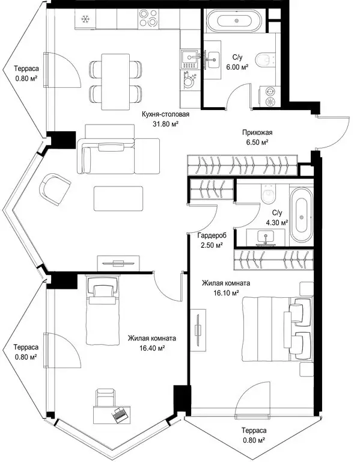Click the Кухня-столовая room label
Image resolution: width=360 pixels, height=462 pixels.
tap(165, 114)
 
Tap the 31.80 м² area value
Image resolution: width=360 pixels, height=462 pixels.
tap(166, 124)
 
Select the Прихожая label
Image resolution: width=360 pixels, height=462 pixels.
tap(257, 132)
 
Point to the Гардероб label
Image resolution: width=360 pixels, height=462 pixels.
tap(212, 236)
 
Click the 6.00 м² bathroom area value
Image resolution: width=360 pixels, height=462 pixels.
tap(237, 67)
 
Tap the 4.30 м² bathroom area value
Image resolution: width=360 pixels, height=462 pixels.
tap(277, 223)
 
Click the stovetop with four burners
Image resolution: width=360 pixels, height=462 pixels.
tap(148, 19)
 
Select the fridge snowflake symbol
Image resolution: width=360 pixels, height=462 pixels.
tap(85, 19)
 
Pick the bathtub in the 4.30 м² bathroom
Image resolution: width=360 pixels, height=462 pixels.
tap(302, 217)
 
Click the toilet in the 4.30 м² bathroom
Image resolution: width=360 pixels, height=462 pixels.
tap(268, 194)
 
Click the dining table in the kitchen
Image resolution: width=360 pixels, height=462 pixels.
tap(115, 82)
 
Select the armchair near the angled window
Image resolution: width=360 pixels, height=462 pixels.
tap(55, 189)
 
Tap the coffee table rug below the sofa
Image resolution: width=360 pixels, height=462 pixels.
tap(118, 199)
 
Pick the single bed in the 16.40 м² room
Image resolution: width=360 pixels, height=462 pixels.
tap(102, 310)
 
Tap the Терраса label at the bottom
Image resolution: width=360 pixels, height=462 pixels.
tap(254, 431)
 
